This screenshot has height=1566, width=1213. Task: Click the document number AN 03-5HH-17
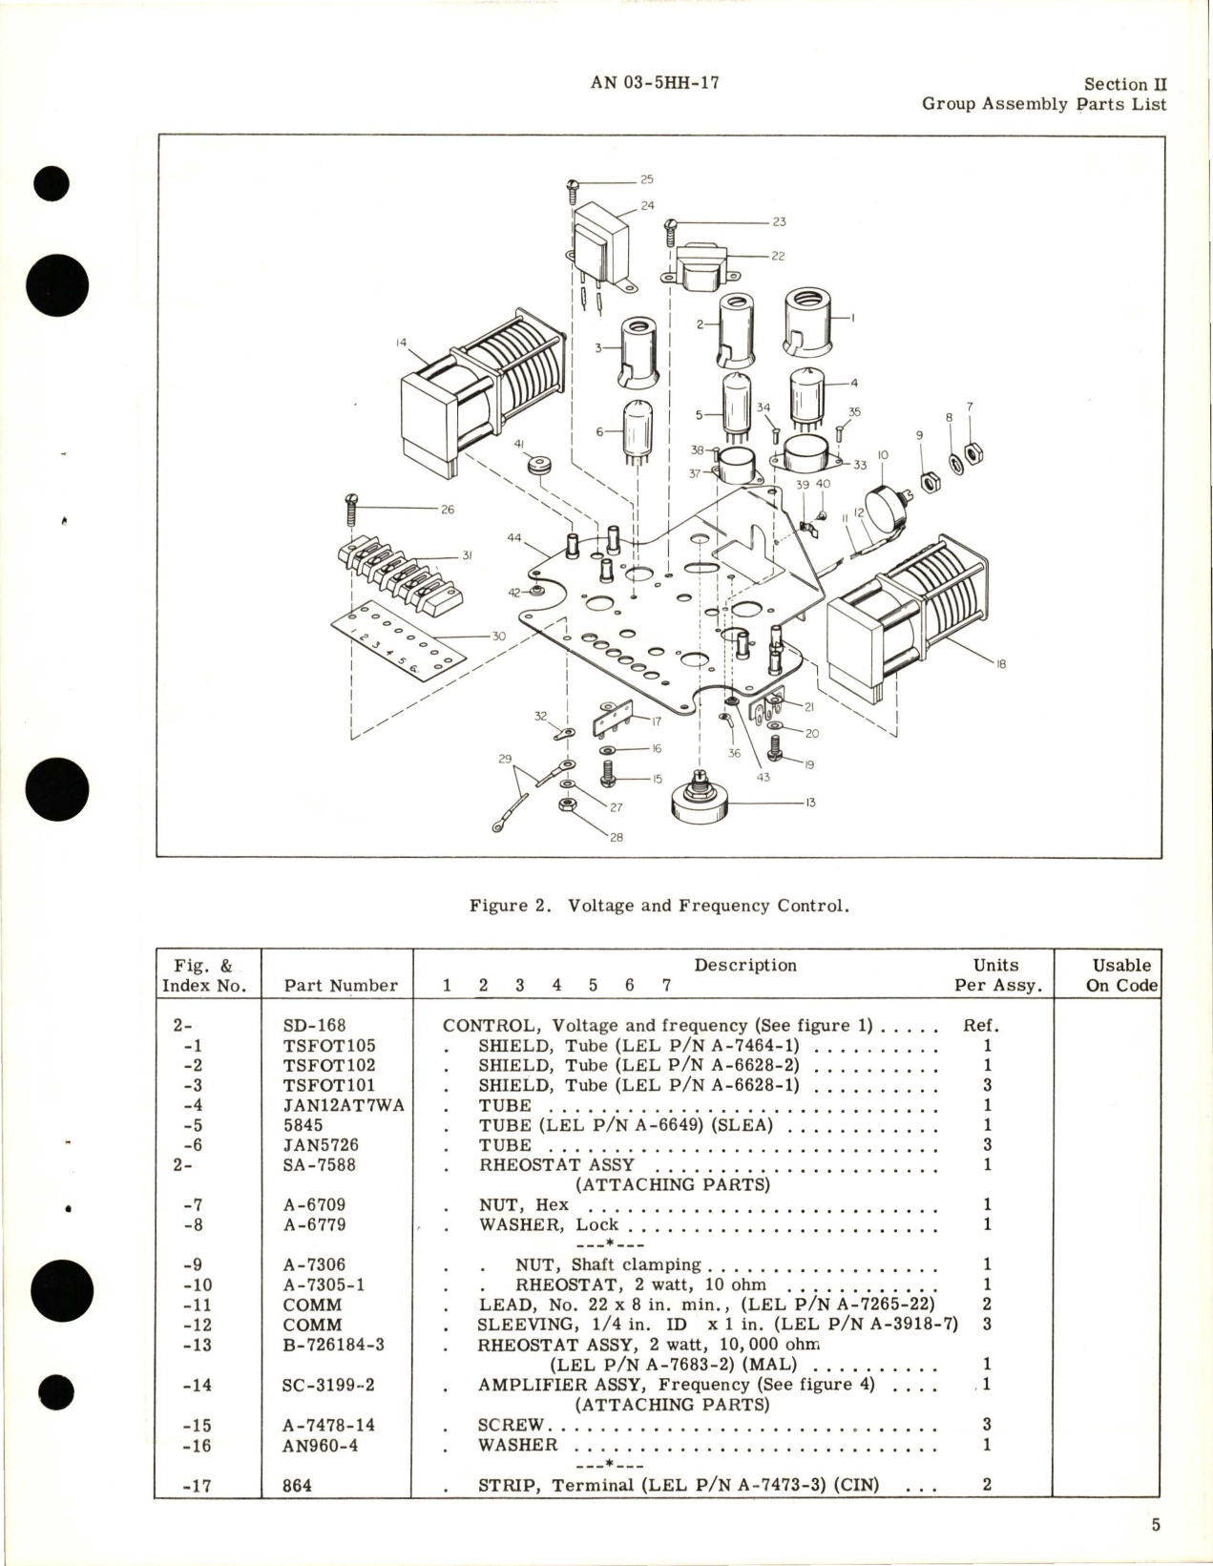tap(655, 83)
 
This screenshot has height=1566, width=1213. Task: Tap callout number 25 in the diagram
tap(646, 179)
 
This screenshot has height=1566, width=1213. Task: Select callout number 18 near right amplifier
tap(1000, 664)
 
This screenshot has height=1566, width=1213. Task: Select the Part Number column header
tap(341, 986)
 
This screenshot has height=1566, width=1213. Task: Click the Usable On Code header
tap(1121, 975)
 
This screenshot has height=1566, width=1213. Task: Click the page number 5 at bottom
tap(1156, 1525)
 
